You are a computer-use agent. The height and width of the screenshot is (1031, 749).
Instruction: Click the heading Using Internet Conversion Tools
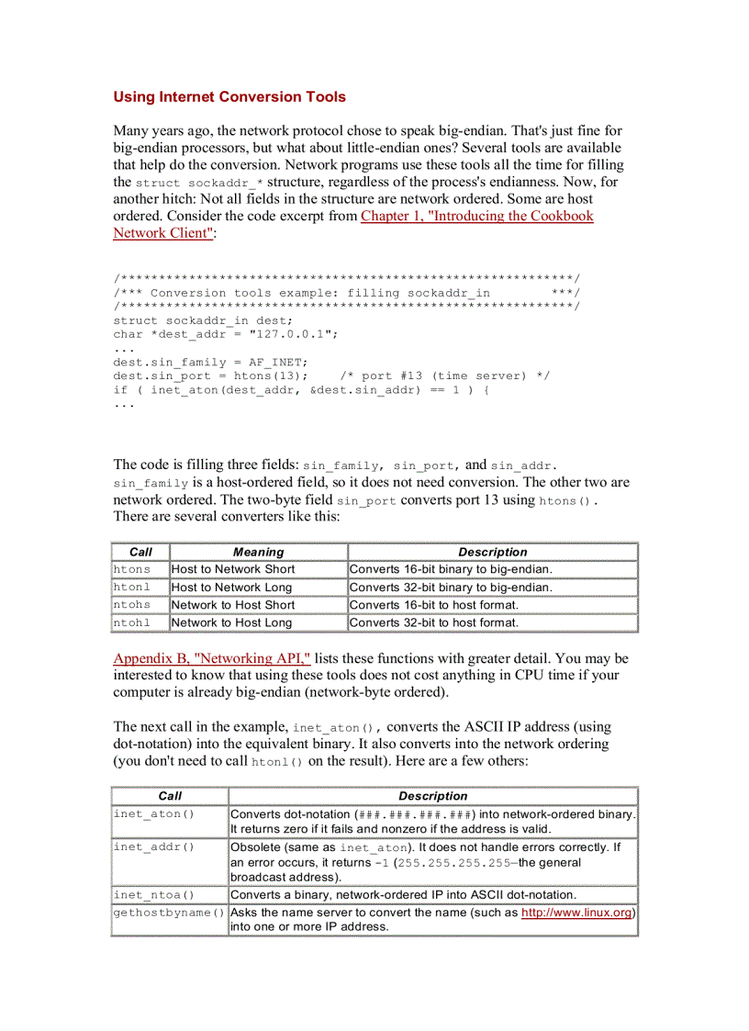pyautogui.click(x=229, y=96)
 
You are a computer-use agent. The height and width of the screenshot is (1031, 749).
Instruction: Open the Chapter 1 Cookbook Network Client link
pyautogui.click(x=476, y=216)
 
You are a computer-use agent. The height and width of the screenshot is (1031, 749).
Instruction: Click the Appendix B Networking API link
pyautogui.click(x=212, y=658)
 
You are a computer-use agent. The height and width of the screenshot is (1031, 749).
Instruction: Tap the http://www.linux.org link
pyautogui.click(x=576, y=913)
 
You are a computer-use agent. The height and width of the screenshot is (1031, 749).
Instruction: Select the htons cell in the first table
pyautogui.click(x=132, y=569)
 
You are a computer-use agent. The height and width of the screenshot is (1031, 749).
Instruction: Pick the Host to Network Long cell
pyautogui.click(x=231, y=587)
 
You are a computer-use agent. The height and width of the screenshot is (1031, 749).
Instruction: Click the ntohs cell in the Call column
pyautogui.click(x=132, y=605)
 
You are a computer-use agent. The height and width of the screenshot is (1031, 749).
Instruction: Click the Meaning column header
pyautogui.click(x=258, y=552)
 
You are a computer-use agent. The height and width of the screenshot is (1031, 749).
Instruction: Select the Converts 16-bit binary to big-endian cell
pyautogui.click(x=451, y=569)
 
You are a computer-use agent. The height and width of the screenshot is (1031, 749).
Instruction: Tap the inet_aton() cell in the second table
pyautogui.click(x=147, y=814)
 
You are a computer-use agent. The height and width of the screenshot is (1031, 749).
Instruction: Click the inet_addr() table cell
pyautogui.click(x=147, y=847)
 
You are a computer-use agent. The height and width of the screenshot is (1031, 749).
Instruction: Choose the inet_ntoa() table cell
pyautogui.click(x=147, y=895)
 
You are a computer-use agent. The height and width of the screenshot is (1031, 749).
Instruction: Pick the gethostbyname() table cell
pyautogui.click(x=169, y=913)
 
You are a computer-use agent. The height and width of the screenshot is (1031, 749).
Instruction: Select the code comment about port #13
pyautogui.click(x=444, y=375)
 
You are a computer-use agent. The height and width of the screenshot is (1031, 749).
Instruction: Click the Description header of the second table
pyautogui.click(x=432, y=796)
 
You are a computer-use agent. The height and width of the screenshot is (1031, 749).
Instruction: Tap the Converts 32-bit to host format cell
pyautogui.click(x=434, y=622)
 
